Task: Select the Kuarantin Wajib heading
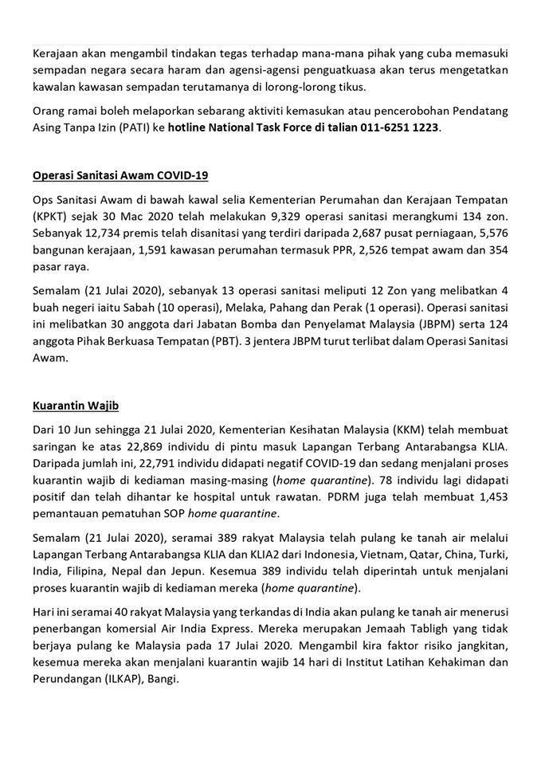[x=76, y=406]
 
